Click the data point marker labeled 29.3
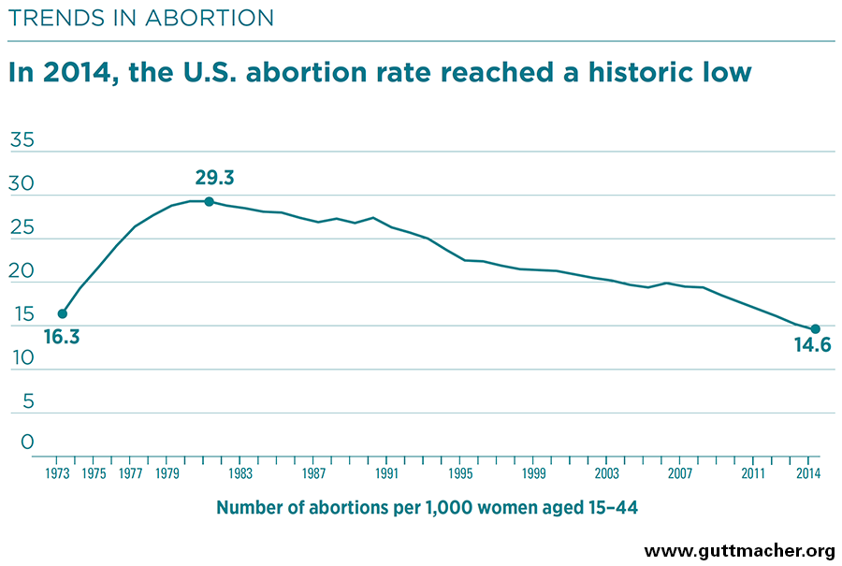click(209, 201)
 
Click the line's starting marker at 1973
click(63, 313)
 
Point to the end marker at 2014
click(815, 328)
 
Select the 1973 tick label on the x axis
click(58, 473)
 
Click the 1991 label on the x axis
click(387, 473)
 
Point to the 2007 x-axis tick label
click(680, 473)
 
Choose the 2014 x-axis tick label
click(808, 473)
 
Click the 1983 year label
click(240, 473)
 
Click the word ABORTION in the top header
click(212, 18)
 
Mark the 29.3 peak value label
click(214, 178)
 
